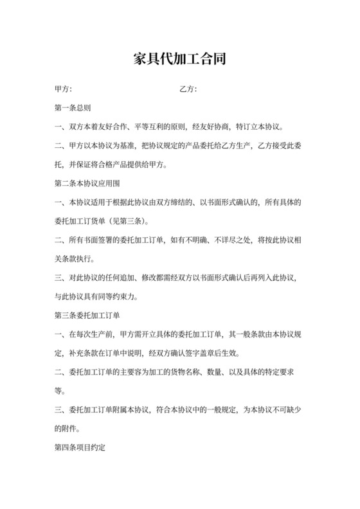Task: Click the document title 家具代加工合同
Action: pos(179,59)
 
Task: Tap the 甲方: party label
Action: pos(63,89)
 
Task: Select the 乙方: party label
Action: pos(188,89)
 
